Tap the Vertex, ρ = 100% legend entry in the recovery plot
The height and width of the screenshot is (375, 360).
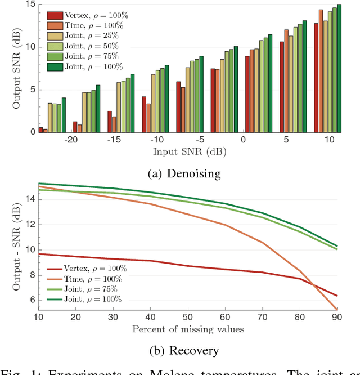tap(87, 269)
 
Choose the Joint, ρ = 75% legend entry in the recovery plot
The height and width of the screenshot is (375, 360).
tap(85, 289)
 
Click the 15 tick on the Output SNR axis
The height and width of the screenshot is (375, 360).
tap(30, 5)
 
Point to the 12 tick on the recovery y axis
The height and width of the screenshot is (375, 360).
tap(30, 224)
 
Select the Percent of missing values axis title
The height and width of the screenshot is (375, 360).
tap(188, 329)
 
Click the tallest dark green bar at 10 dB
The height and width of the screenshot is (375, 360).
tap(339, 68)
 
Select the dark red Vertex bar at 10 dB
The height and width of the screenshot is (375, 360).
tap(316, 78)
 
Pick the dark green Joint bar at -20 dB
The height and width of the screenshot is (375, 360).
tap(98, 109)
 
